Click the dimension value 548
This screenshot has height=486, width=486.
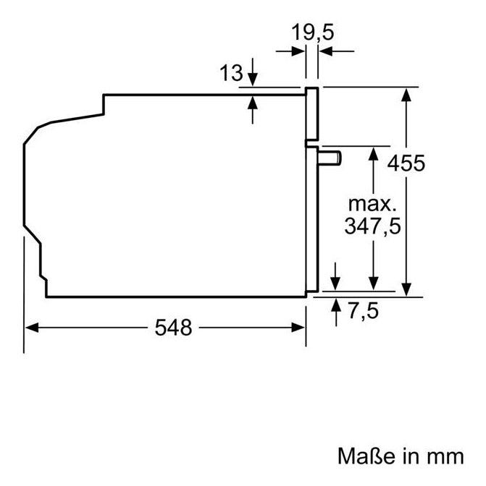[x=174, y=328]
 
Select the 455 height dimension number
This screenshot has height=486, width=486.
[x=406, y=163]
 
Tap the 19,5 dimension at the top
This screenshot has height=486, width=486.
[x=312, y=33]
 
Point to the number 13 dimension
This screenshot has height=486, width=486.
[x=231, y=73]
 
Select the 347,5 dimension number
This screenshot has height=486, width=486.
[x=372, y=226]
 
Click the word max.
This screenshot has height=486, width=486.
[x=372, y=205]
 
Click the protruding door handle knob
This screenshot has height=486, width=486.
[x=330, y=158]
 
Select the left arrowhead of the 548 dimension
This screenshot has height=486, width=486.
[x=32, y=328]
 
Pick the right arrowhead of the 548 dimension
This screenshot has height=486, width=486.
[x=298, y=328]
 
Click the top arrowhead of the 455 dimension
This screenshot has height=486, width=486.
[x=406, y=95]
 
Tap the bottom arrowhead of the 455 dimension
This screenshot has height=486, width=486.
[x=406, y=289]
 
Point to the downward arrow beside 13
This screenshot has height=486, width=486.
[x=253, y=72]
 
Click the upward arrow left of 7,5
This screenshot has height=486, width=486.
[x=336, y=312]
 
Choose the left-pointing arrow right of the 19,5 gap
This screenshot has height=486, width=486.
[x=337, y=51]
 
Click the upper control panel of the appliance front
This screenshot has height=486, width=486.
[x=312, y=114]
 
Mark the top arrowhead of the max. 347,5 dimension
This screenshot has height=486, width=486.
[x=373, y=154]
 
